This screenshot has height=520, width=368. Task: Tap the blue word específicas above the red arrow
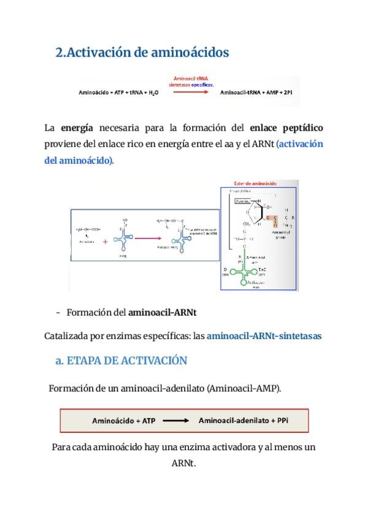tap(202, 85)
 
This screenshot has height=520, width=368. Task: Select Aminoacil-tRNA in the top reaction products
tap(243, 93)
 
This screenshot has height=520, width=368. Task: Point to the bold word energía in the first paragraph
tap(77, 128)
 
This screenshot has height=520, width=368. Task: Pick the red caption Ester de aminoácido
tap(255, 183)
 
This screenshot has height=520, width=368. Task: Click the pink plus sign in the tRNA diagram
tap(105, 242)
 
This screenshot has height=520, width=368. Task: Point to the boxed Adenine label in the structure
tap(243, 201)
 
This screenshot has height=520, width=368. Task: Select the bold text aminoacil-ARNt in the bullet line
tap(162, 313)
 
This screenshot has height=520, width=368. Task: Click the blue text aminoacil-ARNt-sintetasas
tap(264, 336)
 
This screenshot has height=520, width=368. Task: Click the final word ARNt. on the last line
tap(183, 463)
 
